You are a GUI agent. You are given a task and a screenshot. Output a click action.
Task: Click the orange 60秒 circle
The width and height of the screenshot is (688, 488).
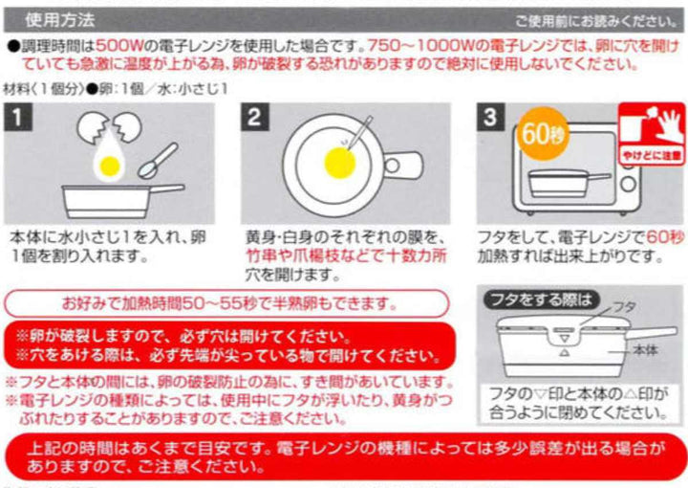coord(541,131)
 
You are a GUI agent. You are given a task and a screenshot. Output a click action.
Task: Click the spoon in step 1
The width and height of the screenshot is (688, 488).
coord(158,159)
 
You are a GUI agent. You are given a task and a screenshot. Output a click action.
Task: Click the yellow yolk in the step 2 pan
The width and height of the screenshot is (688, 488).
coord(339,161)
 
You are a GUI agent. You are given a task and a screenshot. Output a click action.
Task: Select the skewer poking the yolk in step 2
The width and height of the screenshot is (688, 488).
coord(361,137)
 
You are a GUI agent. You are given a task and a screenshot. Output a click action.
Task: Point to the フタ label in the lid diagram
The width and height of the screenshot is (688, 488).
coord(623,307)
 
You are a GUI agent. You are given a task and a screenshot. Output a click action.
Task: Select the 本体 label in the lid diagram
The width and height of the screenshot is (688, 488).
coord(644,350)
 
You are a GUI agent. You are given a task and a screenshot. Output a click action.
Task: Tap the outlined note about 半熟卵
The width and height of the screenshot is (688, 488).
coord(227,304)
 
